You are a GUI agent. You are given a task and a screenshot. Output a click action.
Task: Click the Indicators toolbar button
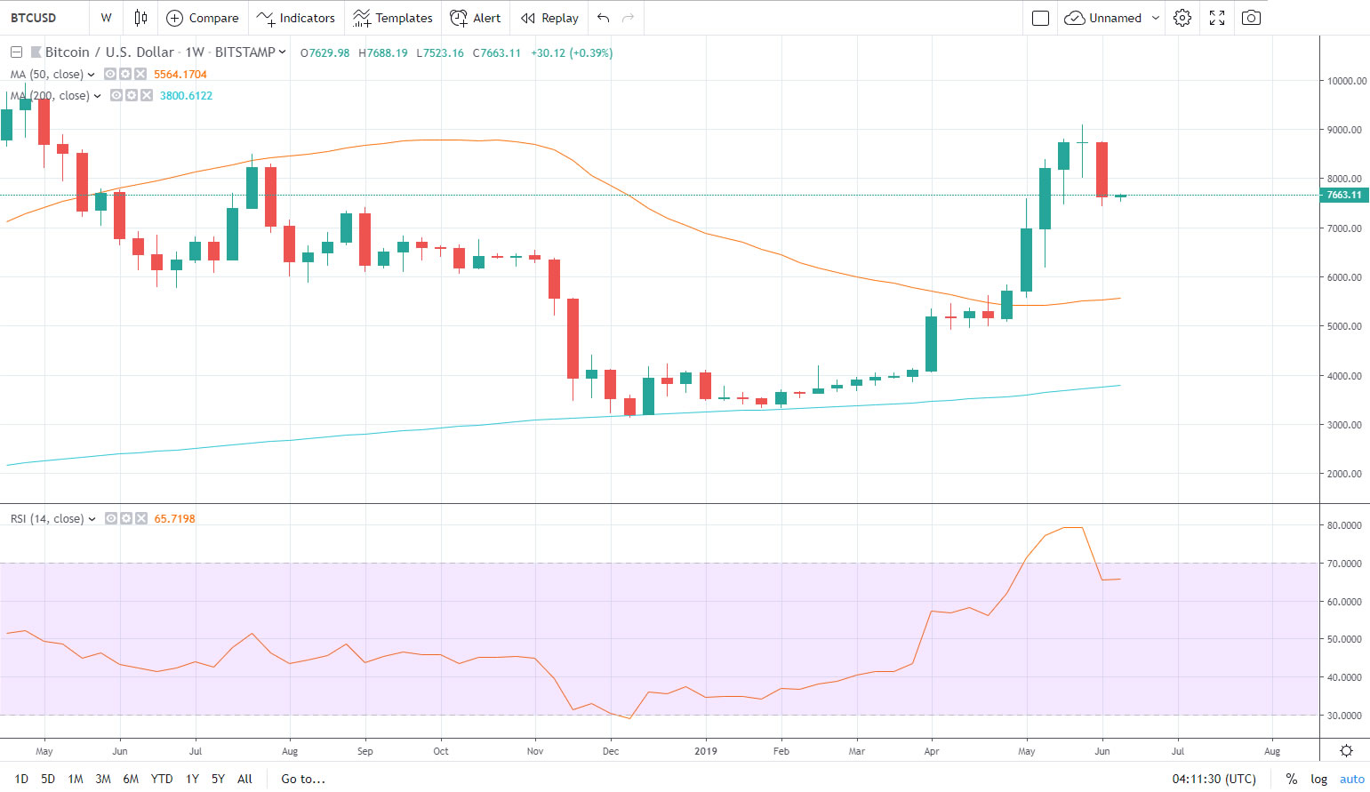click(296, 18)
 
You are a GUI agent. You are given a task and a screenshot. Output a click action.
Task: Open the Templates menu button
click(392, 18)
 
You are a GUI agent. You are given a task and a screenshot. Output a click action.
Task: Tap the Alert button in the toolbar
click(476, 18)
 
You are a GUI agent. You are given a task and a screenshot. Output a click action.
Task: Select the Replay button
click(549, 18)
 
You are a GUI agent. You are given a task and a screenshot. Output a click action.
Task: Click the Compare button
click(203, 18)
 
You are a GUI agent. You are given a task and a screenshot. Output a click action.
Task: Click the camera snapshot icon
click(1251, 18)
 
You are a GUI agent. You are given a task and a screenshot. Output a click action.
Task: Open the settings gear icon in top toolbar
click(1182, 18)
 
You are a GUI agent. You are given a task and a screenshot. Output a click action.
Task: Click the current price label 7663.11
click(1343, 195)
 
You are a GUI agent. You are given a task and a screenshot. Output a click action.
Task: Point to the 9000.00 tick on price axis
click(1343, 130)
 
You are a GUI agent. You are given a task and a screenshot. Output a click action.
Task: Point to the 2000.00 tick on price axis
click(1343, 474)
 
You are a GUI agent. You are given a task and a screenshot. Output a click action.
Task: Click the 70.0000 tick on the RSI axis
click(1343, 564)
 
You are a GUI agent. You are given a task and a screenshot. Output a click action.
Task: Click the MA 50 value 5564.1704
click(180, 75)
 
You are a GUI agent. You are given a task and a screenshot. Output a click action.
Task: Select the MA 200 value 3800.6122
click(186, 96)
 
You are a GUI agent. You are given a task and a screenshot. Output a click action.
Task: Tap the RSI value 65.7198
click(174, 519)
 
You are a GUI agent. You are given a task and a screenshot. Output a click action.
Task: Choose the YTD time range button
click(162, 779)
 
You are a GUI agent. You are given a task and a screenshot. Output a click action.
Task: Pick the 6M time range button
click(131, 779)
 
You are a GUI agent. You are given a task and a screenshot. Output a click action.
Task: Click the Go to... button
click(303, 779)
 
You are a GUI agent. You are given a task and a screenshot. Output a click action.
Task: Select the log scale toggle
click(1318, 779)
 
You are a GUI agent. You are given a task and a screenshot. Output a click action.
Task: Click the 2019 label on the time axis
click(705, 751)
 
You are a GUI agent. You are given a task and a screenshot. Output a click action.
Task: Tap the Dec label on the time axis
click(611, 751)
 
